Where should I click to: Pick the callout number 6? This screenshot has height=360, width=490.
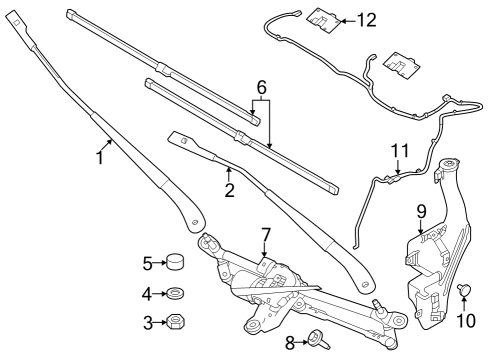[x=261, y=88]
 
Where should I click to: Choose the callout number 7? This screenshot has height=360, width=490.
[x=266, y=236]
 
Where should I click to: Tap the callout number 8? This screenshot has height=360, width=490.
[x=290, y=342]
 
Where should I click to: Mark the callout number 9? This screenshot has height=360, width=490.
[x=421, y=211]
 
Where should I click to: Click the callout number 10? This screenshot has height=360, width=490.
[x=463, y=321]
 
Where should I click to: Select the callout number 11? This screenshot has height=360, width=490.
[x=400, y=151]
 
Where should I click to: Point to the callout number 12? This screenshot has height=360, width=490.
[x=367, y=19]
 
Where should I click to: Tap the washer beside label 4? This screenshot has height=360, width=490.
[x=174, y=294]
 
